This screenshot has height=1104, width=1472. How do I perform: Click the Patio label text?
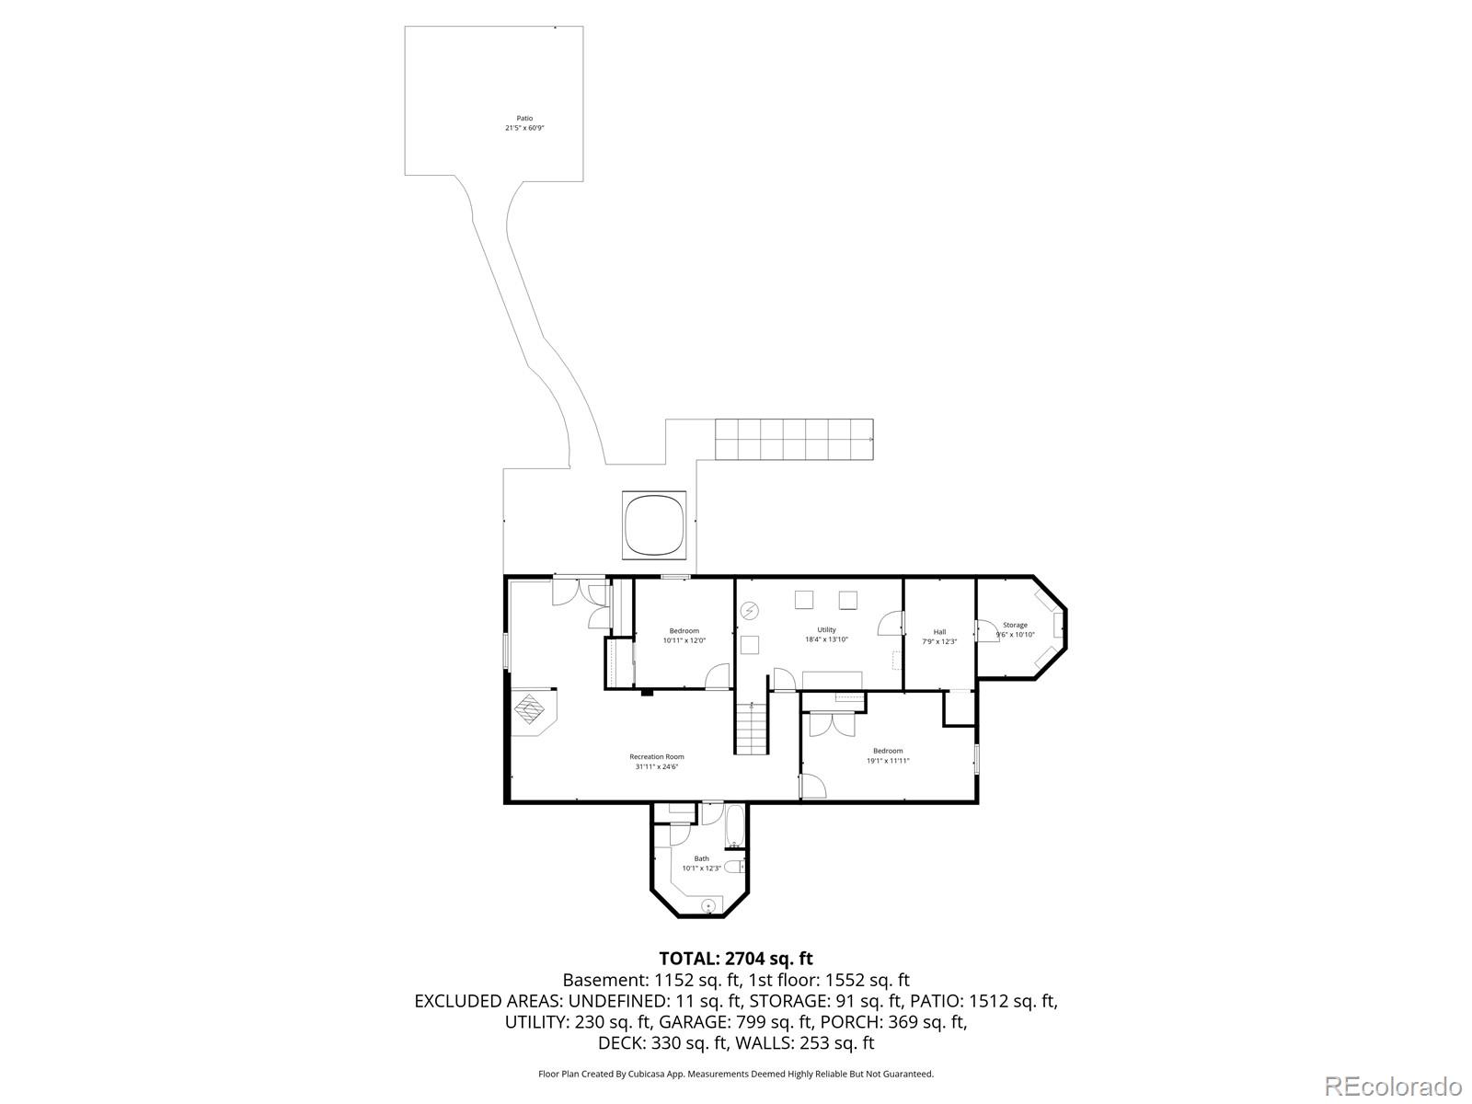524,118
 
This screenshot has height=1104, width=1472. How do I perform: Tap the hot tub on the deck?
655,524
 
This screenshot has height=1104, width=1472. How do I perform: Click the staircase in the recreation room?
751,728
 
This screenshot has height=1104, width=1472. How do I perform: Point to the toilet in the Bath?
734,867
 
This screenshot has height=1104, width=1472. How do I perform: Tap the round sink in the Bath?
708,906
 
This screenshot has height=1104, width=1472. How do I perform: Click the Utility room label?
826,630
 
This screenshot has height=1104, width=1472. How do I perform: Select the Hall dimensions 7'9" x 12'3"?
939,641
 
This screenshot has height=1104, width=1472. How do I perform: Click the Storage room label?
1015,625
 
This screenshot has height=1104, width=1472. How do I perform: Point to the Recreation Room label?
657,756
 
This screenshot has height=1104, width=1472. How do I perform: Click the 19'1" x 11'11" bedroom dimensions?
888,761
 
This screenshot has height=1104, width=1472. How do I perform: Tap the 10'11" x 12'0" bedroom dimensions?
684,640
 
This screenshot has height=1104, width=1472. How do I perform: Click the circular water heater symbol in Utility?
750,610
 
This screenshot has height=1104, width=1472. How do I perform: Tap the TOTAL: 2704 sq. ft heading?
735,959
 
